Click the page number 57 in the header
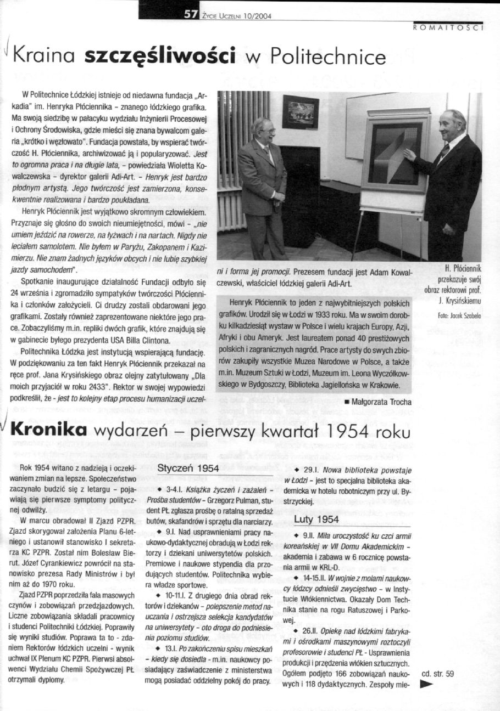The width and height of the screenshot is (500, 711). (193, 15)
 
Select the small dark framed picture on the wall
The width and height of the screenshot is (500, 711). (300, 112)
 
